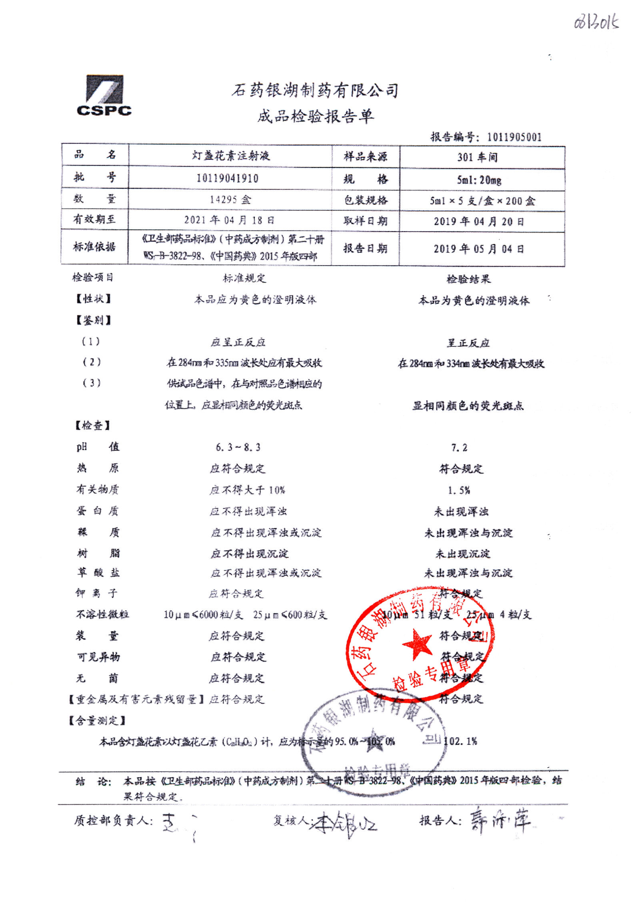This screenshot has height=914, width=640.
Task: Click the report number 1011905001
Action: [514, 137]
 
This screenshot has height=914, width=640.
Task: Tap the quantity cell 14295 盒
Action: [230, 199]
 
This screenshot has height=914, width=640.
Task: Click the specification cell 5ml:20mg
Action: [479, 180]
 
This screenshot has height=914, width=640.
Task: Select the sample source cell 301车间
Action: [478, 157]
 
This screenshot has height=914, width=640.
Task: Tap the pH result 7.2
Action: [459, 448]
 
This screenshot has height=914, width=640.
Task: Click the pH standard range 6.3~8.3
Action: [238, 447]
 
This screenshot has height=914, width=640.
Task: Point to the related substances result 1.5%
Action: [459, 490]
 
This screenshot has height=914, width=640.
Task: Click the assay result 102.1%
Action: [460, 741]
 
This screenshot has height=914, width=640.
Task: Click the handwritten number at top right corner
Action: [596, 22]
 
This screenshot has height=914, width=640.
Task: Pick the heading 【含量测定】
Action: [97, 720]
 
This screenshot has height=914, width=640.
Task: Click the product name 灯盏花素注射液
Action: [231, 156]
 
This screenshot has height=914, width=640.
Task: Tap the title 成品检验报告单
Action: [315, 116]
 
